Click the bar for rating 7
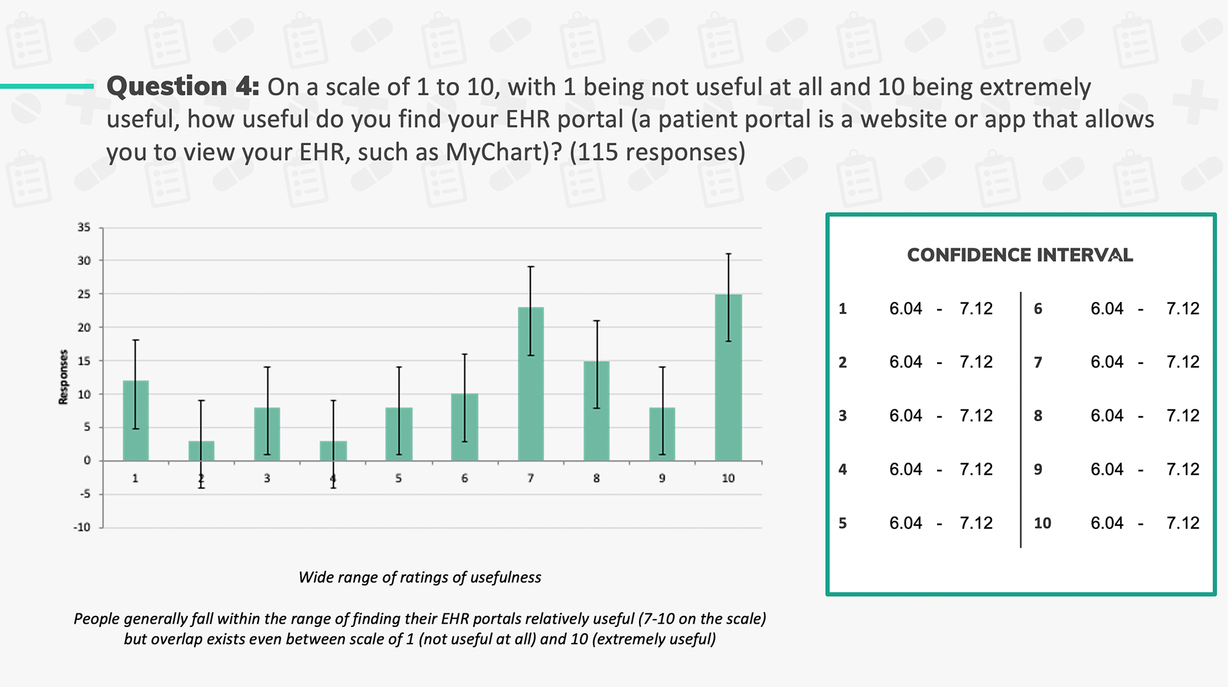[531, 384]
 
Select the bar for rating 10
[728, 377]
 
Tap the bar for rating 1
[136, 420]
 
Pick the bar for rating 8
[597, 411]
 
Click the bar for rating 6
[464, 427]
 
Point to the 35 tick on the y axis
[84, 227]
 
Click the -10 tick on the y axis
[82, 527]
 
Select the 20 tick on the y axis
[84, 328]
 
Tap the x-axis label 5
[398, 478]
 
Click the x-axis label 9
[662, 478]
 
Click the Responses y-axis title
[63, 377]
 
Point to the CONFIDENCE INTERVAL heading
[1020, 255]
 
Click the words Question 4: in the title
[183, 86]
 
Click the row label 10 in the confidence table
[1043, 523]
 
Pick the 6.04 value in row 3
[906, 416]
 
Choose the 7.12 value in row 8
[1183, 416]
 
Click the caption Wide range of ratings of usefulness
[420, 578]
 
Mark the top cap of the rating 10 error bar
[728, 254]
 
